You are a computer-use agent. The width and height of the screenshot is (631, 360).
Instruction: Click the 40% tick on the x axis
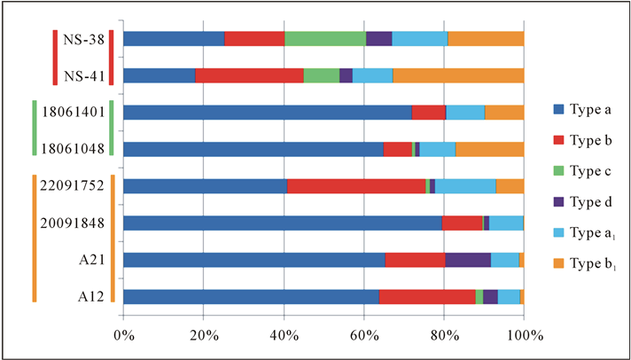[x=284, y=336]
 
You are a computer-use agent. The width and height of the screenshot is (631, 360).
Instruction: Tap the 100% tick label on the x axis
[x=523, y=336]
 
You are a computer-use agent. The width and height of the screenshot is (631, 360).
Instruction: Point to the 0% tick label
[x=123, y=336]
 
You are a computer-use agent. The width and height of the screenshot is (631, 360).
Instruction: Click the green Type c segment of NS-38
[x=324, y=38]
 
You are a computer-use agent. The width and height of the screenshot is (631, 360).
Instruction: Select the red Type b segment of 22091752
[x=356, y=185]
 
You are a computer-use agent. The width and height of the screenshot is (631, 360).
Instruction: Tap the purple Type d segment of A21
[x=467, y=259]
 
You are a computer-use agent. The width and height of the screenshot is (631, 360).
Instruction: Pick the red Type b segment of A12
[x=426, y=296]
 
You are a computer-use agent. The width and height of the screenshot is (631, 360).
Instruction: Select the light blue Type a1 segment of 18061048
[x=437, y=149]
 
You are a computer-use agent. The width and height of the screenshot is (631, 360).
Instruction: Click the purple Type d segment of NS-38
[x=378, y=38]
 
